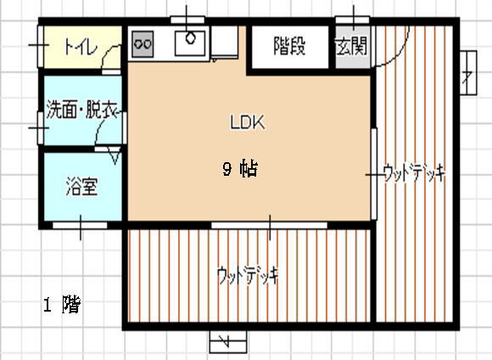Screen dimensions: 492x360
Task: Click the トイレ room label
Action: [81, 48]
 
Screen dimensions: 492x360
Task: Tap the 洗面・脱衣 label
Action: [82, 110]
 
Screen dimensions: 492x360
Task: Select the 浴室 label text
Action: [82, 187]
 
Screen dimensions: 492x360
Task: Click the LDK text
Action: [248, 122]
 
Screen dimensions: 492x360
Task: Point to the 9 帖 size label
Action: [240, 169]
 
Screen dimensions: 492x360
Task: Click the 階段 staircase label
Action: [289, 46]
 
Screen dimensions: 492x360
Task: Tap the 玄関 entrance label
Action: [351, 47]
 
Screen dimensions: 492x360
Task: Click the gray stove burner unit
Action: [143, 44]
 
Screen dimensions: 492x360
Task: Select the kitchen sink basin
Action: [190, 43]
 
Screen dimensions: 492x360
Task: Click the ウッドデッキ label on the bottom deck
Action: [248, 275]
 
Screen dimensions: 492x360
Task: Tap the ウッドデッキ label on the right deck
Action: [414, 172]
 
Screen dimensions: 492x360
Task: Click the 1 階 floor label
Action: [62, 304]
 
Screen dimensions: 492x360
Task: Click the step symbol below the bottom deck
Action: [228, 341]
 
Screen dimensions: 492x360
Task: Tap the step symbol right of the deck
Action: [468, 72]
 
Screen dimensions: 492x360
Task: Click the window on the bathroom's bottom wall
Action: [80, 225]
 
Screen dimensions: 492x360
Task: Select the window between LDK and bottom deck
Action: [269, 225]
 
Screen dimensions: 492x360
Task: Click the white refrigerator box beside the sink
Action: [224, 42]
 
